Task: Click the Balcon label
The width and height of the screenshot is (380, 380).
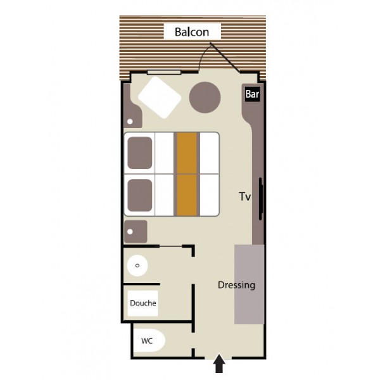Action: [x=192, y=32]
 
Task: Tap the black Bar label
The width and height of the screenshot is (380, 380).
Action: [x=252, y=94]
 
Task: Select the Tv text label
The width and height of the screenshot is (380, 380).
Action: [x=244, y=196]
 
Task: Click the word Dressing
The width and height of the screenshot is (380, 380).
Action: [x=236, y=285]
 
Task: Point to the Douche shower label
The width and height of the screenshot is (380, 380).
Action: [x=143, y=303]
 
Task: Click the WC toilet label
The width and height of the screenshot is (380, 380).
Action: [x=147, y=341]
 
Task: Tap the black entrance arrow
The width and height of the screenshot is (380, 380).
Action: [x=219, y=363]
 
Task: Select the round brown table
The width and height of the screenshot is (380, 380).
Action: [x=205, y=97]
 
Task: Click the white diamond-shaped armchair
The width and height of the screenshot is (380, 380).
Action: [x=160, y=98]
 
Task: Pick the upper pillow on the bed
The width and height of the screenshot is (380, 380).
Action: [x=140, y=153]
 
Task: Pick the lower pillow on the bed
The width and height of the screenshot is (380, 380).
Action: [x=140, y=195]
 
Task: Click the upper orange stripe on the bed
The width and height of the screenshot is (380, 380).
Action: [x=187, y=153]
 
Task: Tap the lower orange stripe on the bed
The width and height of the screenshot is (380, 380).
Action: [x=187, y=195]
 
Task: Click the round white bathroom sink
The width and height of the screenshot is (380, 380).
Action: [x=137, y=265]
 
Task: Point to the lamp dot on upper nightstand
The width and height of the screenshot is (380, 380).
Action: [x=130, y=122]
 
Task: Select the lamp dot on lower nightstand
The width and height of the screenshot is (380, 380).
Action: [x=130, y=232]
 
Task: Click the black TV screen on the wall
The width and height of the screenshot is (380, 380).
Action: [x=261, y=199]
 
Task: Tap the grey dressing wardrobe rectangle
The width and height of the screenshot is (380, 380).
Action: [x=249, y=284]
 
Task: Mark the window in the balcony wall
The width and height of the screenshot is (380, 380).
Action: [x=164, y=72]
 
